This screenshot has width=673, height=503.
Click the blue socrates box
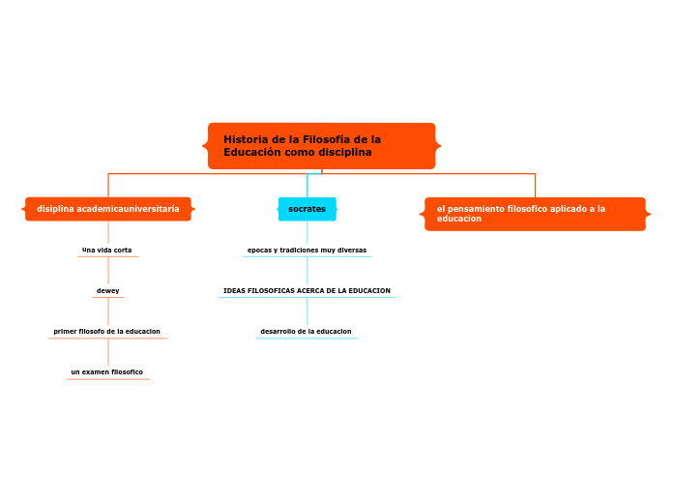[307, 209]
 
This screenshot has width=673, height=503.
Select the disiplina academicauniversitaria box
[108, 209]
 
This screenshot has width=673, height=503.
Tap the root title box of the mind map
[321, 146]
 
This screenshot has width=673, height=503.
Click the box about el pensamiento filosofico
[535, 214]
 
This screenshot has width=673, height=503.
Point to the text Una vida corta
[107, 250]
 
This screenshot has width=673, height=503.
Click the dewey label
[107, 291]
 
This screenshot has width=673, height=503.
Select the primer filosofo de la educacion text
[107, 331]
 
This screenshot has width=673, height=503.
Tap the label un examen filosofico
[107, 372]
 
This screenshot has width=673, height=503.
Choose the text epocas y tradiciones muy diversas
[307, 250]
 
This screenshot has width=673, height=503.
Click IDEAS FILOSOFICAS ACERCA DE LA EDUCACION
[307, 291]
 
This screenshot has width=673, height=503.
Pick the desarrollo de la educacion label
[306, 331]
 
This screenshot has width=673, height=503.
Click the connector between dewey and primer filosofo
[108, 311]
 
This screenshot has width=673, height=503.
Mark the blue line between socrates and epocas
[307, 232]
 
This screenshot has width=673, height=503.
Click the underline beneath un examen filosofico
[108, 379]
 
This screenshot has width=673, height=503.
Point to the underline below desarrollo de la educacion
[307, 339]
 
